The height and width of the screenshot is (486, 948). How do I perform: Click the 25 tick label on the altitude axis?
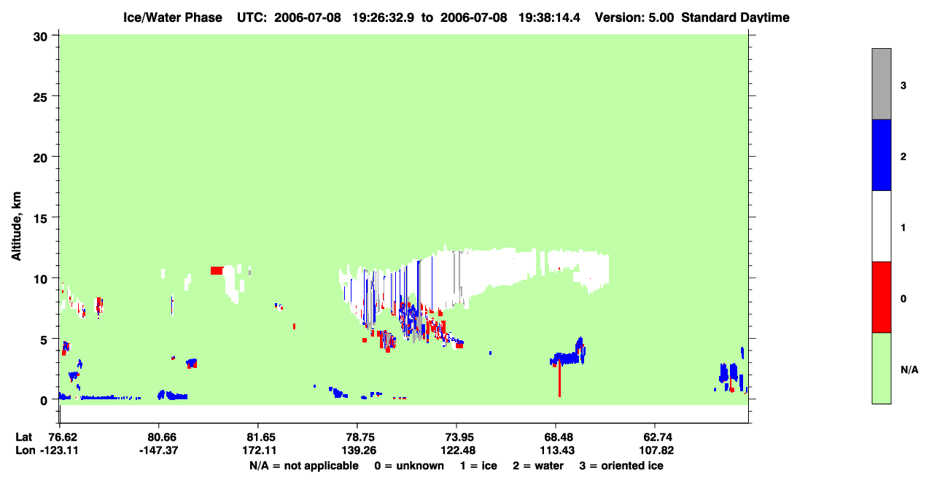tap(41, 98)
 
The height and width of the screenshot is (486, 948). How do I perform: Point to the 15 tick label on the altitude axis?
tap(41, 219)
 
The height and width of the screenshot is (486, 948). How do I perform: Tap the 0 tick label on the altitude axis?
tap(44, 401)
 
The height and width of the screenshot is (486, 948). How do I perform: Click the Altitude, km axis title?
tap(16, 227)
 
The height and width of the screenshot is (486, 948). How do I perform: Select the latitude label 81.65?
tap(259, 437)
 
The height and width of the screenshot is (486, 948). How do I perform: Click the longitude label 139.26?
tap(359, 450)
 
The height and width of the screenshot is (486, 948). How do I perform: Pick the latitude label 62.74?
tap(656, 437)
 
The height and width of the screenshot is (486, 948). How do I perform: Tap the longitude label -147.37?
tap(159, 450)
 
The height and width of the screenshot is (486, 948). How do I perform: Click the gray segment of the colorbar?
tap(882, 84)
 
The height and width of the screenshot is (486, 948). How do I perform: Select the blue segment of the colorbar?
tap(882, 154)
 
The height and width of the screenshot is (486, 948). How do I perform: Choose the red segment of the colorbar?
tap(882, 297)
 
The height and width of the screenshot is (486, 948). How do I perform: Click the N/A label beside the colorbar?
tap(909, 370)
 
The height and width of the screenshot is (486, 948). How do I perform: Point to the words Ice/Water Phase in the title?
tap(173, 17)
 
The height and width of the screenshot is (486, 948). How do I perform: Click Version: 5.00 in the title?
tap(634, 17)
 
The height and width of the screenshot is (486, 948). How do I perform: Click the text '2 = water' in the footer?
tap(538, 466)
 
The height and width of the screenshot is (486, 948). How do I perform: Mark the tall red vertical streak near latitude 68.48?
tap(559, 379)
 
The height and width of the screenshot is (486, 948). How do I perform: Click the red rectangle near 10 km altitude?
tap(217, 271)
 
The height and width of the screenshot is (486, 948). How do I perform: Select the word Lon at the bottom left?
tap(26, 450)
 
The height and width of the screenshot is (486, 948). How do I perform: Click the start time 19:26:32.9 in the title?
tap(383, 17)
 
